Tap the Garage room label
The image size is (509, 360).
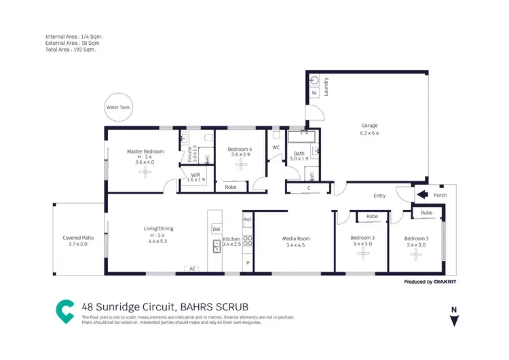(369, 126)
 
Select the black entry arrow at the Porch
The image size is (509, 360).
(422, 196)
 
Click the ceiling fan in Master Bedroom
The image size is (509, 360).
(145, 173)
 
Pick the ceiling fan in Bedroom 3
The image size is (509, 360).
(361, 253)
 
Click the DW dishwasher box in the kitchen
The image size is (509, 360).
(216, 230)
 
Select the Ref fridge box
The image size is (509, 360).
(248, 220)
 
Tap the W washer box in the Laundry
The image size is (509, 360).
(314, 93)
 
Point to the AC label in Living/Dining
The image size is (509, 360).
(192, 269)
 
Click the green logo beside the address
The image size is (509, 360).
(65, 310)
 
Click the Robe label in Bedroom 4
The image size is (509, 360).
(231, 186)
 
